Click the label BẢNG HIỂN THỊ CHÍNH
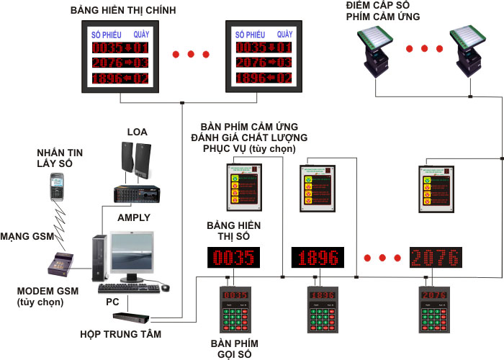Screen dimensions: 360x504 point(124,12)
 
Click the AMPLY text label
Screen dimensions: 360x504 point(134,217)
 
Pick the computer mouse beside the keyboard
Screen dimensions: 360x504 point(166,287)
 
